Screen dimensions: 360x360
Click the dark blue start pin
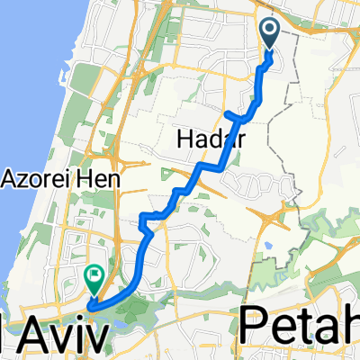pos(270,34)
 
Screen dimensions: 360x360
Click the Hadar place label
pos(209,138)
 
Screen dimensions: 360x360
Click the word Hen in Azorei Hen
pos(100,178)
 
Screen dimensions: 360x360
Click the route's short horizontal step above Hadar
pos(238,115)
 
